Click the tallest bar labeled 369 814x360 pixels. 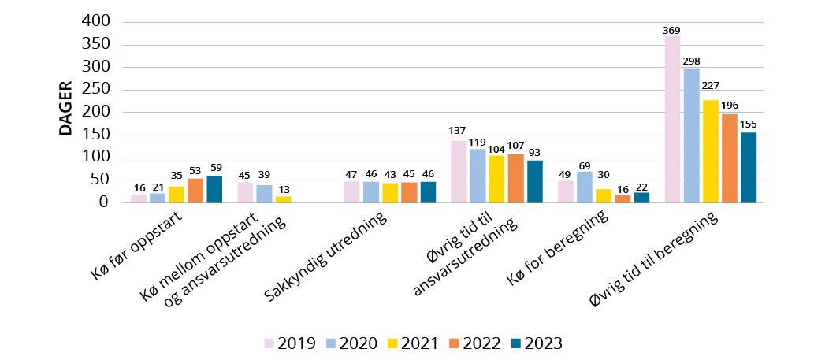672,119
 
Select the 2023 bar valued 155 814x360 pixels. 748,167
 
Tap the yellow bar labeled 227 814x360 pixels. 710,151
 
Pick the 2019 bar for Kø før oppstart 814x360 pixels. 139,199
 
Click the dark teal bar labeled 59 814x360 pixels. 214,189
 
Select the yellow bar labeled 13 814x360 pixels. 283,199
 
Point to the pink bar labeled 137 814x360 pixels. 459,171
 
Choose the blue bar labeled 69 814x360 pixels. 584,187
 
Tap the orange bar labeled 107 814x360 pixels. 515,178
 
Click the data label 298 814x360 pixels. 691,61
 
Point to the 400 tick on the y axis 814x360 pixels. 94,21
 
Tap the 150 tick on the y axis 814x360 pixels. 94,135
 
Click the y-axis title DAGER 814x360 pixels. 66,108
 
